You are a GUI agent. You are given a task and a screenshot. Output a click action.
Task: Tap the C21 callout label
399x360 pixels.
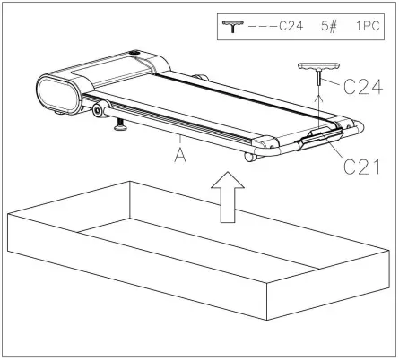[360, 165]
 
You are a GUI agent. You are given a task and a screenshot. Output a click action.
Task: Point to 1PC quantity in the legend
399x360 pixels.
[368, 27]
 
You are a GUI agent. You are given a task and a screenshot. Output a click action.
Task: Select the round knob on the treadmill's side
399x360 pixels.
[96, 110]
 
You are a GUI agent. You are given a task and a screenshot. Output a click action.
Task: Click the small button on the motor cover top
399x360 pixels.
[134, 54]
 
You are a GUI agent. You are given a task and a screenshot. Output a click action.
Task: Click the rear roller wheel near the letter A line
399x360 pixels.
[250, 158]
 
